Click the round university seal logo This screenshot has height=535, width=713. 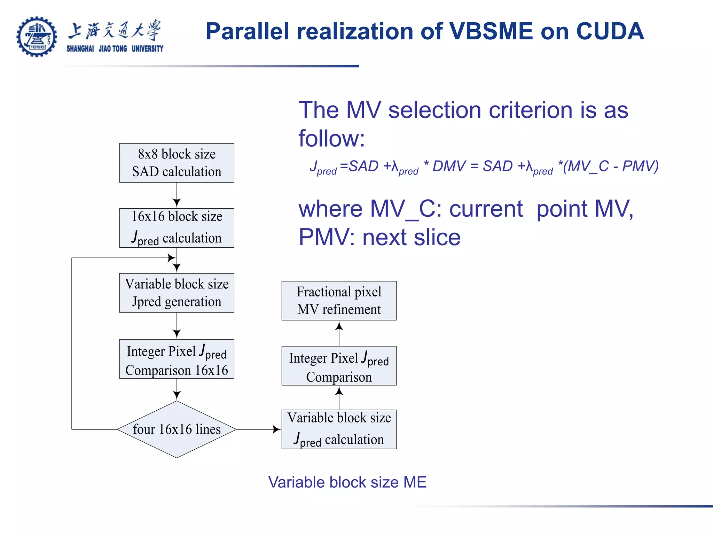37,37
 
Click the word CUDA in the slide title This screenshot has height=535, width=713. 610,31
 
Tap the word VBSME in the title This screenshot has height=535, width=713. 491,31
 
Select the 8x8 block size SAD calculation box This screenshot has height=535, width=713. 177,163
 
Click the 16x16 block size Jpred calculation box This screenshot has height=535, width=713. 177,228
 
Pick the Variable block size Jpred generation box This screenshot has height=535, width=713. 177,293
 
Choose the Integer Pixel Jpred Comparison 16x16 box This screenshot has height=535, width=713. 177,359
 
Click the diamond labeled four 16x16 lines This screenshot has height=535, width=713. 177,429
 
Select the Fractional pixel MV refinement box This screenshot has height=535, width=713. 339,300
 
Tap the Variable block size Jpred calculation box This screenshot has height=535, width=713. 339,429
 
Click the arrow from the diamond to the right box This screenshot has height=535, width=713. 259,429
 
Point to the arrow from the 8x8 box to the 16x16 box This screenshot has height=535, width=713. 177,195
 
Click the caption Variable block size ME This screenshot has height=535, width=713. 347,482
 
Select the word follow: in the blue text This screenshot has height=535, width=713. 332,138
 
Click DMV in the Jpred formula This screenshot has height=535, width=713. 449,166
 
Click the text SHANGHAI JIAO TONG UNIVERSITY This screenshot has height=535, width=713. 115,49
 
